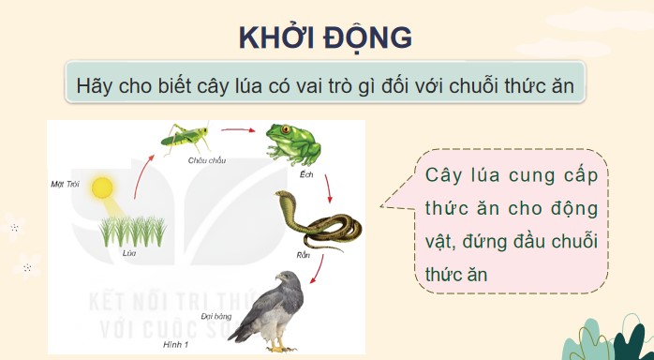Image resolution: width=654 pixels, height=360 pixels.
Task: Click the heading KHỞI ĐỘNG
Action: click(x=326, y=37)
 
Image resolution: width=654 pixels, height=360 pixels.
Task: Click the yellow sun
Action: click(x=101, y=187)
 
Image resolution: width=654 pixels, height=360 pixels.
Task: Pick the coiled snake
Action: click(x=313, y=221)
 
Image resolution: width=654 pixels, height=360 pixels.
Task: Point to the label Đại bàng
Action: click(x=216, y=317)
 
